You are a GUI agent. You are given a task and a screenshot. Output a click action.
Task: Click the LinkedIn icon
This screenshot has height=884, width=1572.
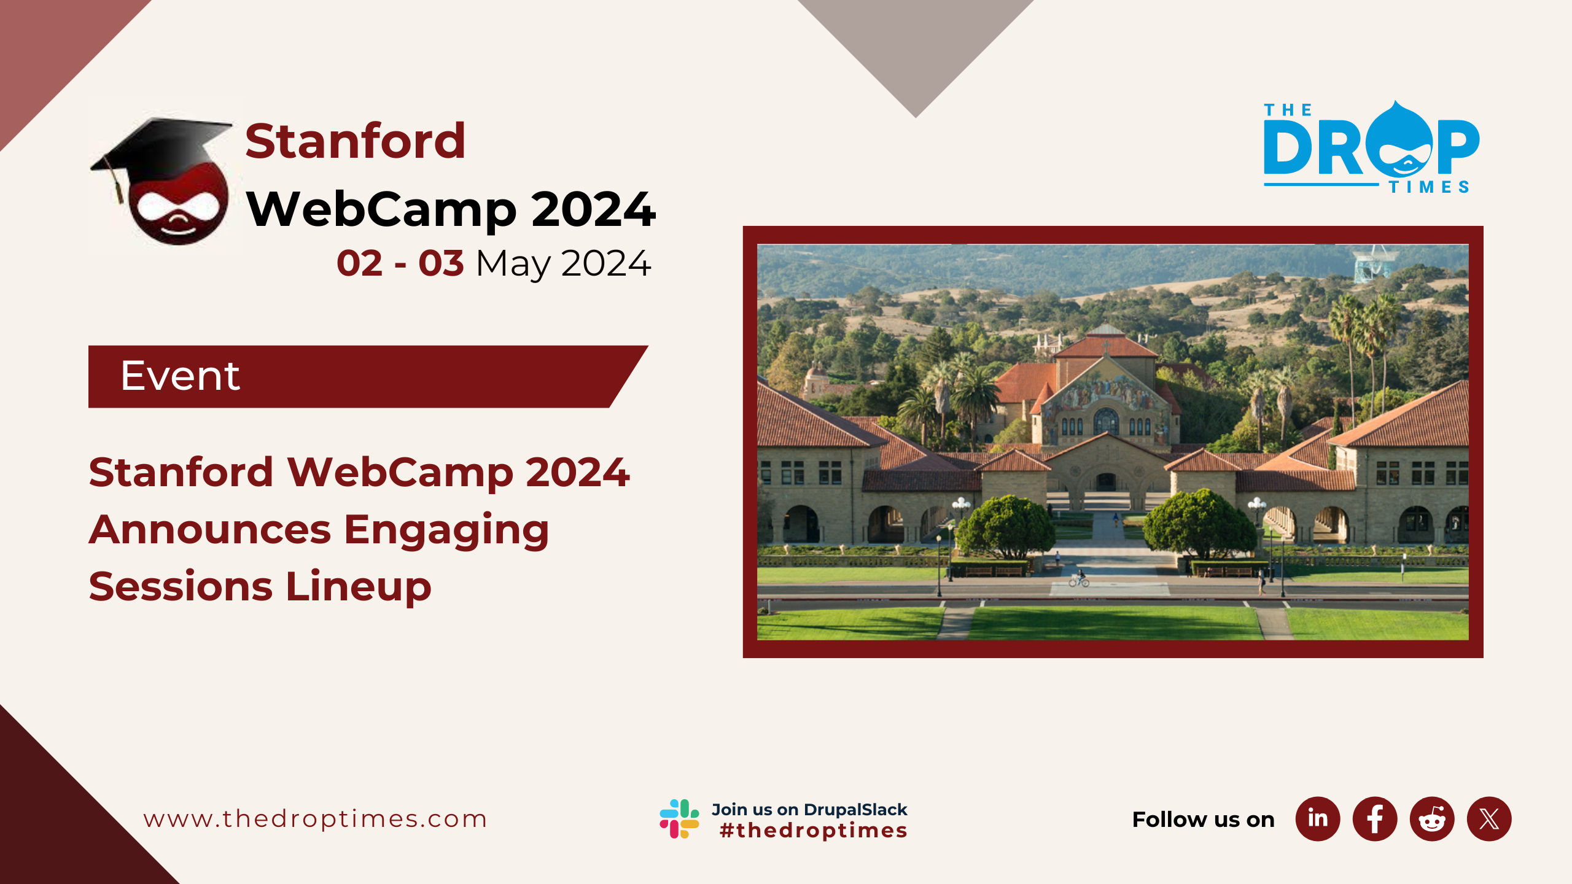[1317, 819]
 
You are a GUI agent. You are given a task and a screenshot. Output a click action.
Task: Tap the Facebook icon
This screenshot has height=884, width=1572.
[1375, 819]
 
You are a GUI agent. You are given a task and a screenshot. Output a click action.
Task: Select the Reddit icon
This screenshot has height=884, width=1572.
[1432, 819]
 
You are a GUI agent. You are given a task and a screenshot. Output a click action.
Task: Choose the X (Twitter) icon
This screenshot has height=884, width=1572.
[1489, 819]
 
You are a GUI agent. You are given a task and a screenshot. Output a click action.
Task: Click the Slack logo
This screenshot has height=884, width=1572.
[679, 818]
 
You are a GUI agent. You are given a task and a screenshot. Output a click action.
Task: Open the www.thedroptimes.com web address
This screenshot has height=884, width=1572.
[315, 819]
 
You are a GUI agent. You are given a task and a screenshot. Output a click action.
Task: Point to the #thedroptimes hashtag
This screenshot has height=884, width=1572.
[814, 831]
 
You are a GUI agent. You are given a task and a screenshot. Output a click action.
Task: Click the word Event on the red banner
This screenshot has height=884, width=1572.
[180, 376]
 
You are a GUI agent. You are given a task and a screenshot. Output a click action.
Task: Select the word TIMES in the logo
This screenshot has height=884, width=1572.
[1429, 187]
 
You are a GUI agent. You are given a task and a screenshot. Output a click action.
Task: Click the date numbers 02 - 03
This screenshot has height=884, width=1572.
[400, 263]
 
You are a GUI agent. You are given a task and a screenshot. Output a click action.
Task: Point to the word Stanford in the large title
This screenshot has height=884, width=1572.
[356, 141]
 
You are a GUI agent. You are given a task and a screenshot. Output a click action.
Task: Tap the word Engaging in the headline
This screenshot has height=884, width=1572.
[446, 530]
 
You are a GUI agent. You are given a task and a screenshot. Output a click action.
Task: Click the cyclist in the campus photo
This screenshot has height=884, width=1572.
[1080, 578]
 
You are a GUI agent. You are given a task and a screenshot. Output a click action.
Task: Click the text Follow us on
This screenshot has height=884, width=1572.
[1204, 820]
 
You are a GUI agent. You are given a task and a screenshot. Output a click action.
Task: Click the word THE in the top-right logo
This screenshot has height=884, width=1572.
[1288, 110]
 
